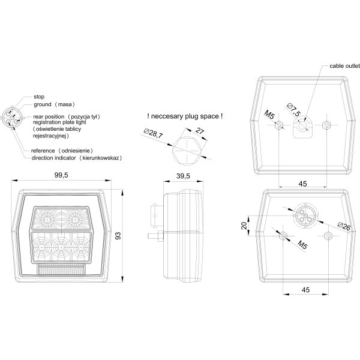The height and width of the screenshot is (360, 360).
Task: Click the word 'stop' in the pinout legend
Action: coord(39,96)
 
